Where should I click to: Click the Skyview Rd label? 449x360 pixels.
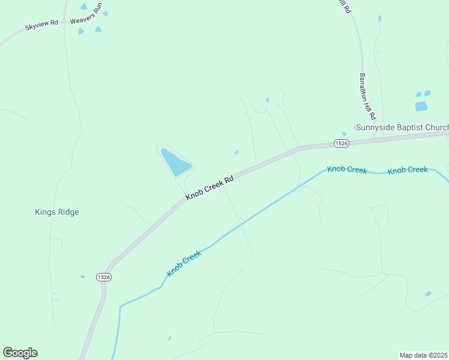tap(41, 26)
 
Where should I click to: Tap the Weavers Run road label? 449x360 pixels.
tap(88, 16)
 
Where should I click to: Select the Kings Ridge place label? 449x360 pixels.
tap(57, 212)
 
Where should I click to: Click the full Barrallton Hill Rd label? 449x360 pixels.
tap(367, 96)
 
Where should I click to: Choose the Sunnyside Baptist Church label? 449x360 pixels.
tap(402, 127)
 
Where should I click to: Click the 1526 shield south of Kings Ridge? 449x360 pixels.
tap(103, 277)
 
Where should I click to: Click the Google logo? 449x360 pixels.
tap(20, 353)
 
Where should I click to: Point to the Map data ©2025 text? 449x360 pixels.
tap(423, 355)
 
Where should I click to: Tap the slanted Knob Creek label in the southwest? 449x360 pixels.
tap(184, 263)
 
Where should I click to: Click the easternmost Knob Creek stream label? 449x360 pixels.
tap(408, 170)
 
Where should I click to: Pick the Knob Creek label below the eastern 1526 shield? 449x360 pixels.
tap(347, 170)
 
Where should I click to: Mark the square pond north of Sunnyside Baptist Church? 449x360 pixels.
tap(421, 106)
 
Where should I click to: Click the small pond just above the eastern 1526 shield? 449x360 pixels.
tap(344, 134)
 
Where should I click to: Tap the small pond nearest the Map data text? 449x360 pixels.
tap(428, 293)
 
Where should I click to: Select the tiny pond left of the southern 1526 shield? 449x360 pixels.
tap(82, 277)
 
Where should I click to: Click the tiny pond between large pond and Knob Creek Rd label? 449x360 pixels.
tap(237, 152)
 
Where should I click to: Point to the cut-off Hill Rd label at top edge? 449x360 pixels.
tap(343, 5)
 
